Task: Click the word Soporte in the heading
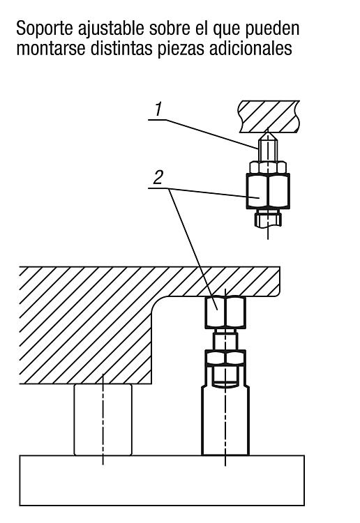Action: tap(45, 28)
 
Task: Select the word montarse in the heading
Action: tap(51, 48)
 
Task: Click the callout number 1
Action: tap(158, 109)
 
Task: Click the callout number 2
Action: tap(158, 177)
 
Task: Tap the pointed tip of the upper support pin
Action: tap(268, 132)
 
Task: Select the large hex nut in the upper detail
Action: tap(268, 191)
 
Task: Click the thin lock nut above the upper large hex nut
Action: tap(268, 167)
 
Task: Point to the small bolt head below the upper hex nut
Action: tap(268, 218)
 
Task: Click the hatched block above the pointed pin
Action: tap(269, 116)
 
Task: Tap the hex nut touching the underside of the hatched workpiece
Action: tap(225, 312)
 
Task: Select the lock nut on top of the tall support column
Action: tap(225, 358)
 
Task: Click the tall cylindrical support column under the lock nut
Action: tap(225, 420)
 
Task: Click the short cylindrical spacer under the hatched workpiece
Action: tap(103, 420)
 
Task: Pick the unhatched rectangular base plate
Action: tap(162, 480)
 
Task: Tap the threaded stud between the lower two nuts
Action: tap(225, 339)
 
